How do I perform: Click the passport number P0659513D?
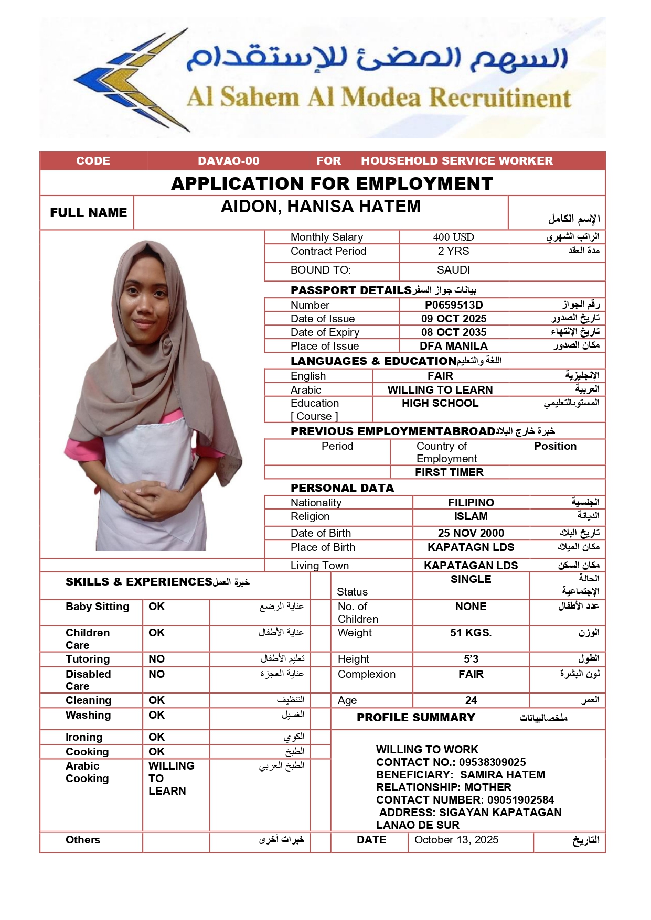point(453,305)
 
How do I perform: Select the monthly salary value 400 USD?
point(453,237)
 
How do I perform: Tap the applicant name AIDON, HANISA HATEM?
point(321,207)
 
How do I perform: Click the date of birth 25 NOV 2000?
point(471,533)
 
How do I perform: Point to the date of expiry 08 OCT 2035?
point(454,332)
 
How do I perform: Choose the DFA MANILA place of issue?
point(453,346)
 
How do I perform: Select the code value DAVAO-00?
point(229,161)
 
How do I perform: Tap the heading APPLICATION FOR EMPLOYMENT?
point(332,183)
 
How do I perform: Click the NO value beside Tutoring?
point(156,659)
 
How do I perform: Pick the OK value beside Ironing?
point(156,737)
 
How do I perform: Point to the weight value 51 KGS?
point(471,633)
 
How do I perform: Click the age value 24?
point(471,700)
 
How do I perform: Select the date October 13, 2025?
point(456,840)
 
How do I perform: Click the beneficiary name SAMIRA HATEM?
point(502,775)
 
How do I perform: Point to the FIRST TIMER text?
point(449,472)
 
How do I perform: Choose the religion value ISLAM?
point(471,516)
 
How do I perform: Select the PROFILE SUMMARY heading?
point(415,718)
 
